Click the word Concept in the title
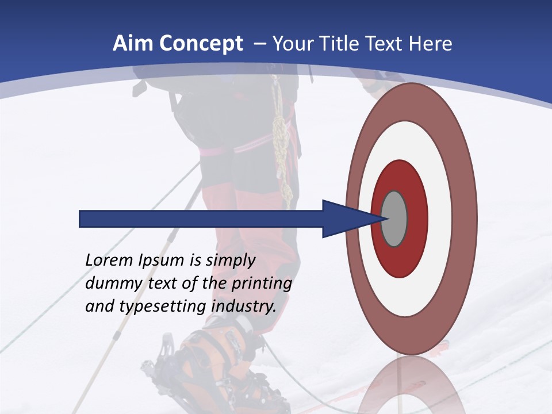pyautogui.click(x=200, y=44)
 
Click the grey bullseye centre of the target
pyautogui.click(x=394, y=219)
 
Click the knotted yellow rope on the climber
pyautogui.click(x=281, y=138)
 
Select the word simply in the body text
pyautogui.click(x=230, y=260)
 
